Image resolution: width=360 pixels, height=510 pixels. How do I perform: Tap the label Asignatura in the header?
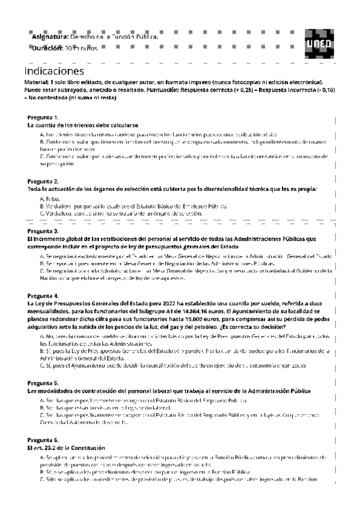(50, 37)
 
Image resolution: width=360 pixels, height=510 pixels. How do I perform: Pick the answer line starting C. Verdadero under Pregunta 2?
(120, 214)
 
